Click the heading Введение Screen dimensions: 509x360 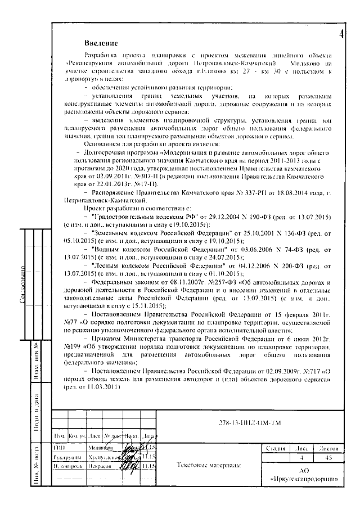pos(101,43)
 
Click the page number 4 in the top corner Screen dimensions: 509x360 pos(341,34)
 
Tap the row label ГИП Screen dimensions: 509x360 pos(60,448)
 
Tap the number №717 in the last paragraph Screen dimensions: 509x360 pos(314,371)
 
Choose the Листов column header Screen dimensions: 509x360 pos(328,449)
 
